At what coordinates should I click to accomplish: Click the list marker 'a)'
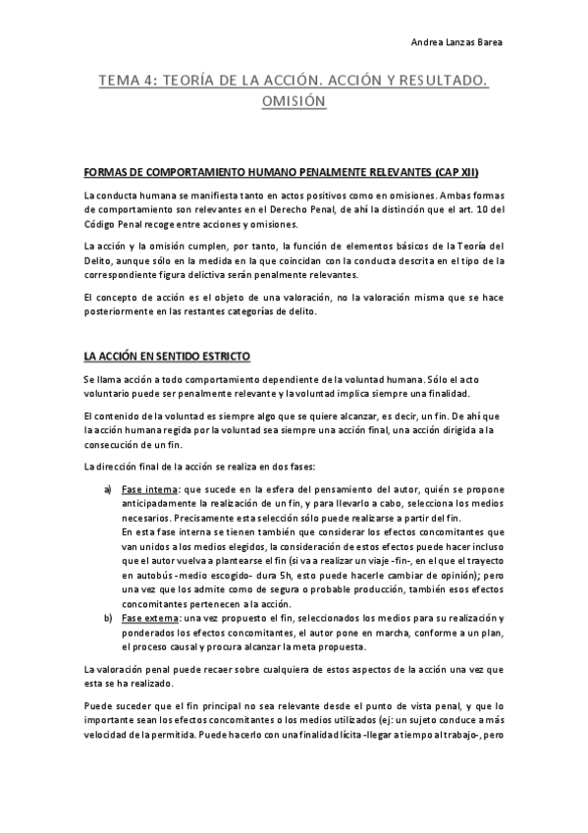click(109, 489)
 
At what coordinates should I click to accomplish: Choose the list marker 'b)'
click(109, 618)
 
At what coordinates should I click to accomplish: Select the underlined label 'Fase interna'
click(149, 489)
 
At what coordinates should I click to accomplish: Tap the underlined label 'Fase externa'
click(150, 618)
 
